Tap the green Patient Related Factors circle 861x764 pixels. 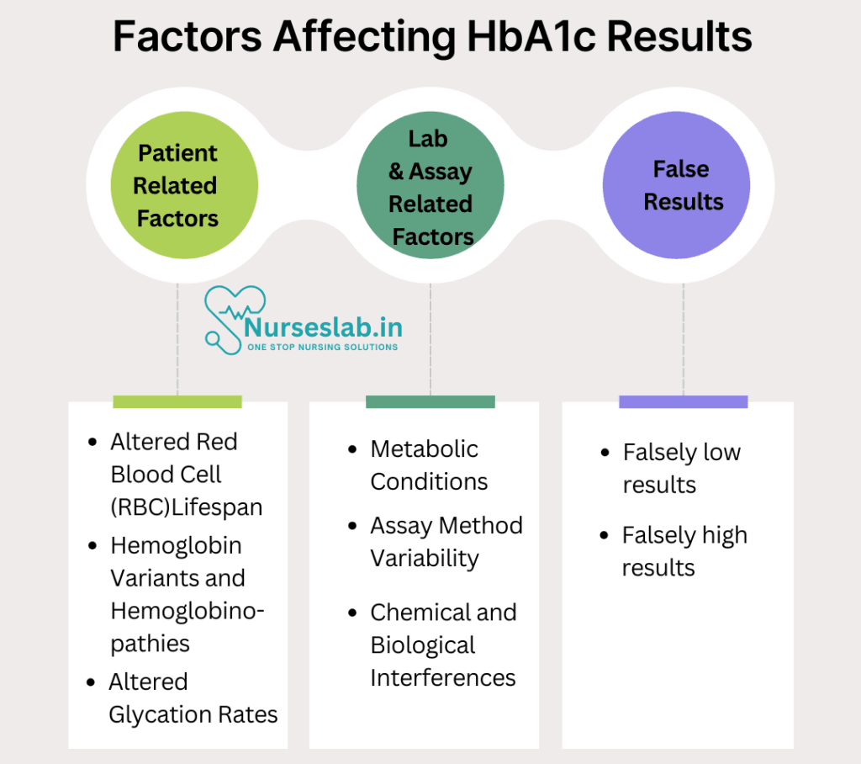pyautogui.click(x=184, y=185)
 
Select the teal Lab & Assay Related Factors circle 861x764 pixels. pyautogui.click(x=430, y=185)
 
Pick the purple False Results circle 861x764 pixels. pyautogui.click(x=677, y=185)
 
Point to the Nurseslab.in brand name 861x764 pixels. pyautogui.click(x=324, y=327)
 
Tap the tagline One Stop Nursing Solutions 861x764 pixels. pyautogui.click(x=322, y=348)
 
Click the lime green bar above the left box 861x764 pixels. pyautogui.click(x=177, y=402)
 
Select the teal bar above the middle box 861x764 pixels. pyautogui.click(x=430, y=402)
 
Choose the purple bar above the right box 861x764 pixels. pyautogui.click(x=683, y=402)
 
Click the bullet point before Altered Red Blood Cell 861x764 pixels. pyautogui.click(x=92, y=442)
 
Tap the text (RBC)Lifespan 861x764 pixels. pyautogui.click(x=187, y=507)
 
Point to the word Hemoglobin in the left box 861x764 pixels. pyautogui.click(x=177, y=546)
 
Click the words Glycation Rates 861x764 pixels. pyautogui.click(x=193, y=714)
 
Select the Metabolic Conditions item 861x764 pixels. pyautogui.click(x=429, y=465)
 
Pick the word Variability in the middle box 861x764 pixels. pyautogui.click(x=425, y=559)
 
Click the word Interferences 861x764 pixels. pyautogui.click(x=443, y=677)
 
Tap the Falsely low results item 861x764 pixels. pyautogui.click(x=681, y=469)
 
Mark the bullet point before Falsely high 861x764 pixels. pyautogui.click(x=605, y=535)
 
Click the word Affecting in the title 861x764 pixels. pyautogui.click(x=364, y=37)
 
